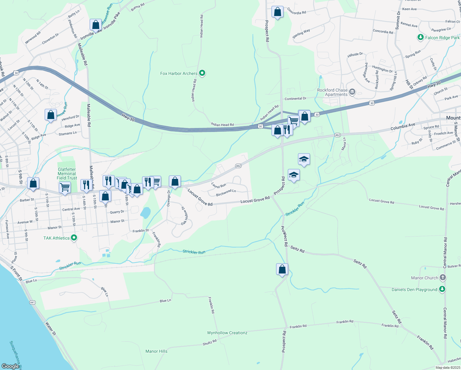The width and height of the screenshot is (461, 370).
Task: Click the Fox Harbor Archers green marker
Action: pos(202,73)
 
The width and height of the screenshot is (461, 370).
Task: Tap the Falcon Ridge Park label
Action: pos(442,38)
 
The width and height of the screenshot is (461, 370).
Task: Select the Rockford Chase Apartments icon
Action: pos(352,92)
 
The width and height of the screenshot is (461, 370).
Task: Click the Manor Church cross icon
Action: pos(443,277)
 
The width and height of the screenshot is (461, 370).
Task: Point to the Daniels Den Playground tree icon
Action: pos(442,289)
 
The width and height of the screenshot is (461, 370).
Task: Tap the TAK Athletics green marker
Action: pos(74,238)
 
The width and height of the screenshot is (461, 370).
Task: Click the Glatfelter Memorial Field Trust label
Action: pos(67,174)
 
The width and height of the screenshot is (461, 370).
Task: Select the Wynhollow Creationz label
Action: pos(227,333)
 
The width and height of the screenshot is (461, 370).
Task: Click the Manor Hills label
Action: pos(156,351)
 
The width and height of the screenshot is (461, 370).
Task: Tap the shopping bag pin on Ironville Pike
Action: pos(96,25)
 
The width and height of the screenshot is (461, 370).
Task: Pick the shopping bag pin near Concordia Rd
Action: pos(277,12)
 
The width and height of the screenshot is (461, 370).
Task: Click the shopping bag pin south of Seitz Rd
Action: pos(282,269)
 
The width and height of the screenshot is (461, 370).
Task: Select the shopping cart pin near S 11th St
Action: pos(65,187)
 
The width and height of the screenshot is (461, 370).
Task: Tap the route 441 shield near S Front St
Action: pos(33,302)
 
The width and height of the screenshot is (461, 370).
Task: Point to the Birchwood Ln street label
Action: pos(226,193)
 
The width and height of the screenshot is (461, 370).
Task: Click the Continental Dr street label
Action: pos(295,99)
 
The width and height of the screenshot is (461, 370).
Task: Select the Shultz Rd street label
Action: pos(210,343)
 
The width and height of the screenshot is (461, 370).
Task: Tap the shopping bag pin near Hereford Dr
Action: pos(51,115)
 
